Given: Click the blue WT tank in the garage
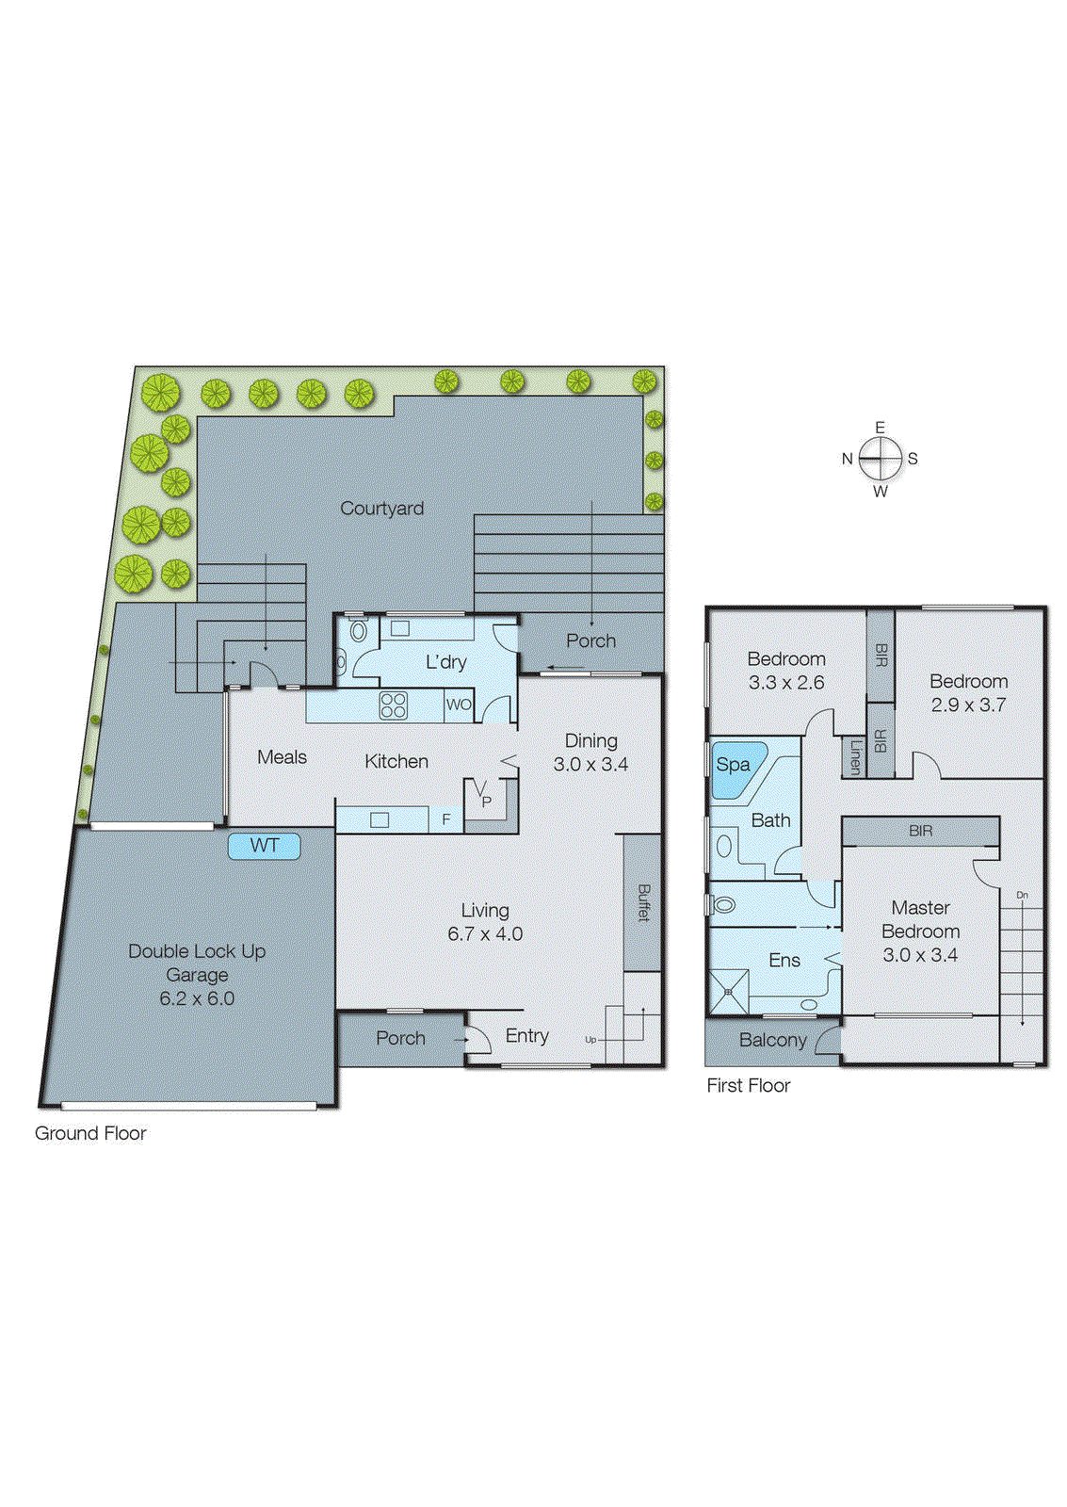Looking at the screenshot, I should pyautogui.click(x=265, y=846).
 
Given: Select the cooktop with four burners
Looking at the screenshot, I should pyautogui.click(x=394, y=705).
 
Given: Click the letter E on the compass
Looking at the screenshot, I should pyautogui.click(x=881, y=428).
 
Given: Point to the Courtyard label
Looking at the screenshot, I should pyautogui.click(x=381, y=509).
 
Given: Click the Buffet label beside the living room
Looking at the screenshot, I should pyautogui.click(x=643, y=902).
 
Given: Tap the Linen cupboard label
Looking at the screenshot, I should pyautogui.click(x=855, y=756).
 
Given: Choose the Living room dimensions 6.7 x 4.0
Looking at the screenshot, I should pyautogui.click(x=485, y=934).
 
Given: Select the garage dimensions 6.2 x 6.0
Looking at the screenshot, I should pyautogui.click(x=197, y=998).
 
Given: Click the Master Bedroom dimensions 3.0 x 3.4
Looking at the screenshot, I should pyautogui.click(x=920, y=955).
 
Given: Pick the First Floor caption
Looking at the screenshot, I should pyautogui.click(x=749, y=1086).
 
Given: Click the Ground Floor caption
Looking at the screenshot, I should pyautogui.click(x=90, y=1134).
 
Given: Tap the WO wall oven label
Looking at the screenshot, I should pyautogui.click(x=459, y=705).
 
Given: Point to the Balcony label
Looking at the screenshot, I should pyautogui.click(x=772, y=1041).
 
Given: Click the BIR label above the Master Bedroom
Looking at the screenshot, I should pyautogui.click(x=920, y=831).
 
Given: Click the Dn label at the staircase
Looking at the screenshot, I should pyautogui.click(x=1022, y=895).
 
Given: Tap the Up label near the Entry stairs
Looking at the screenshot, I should pyautogui.click(x=590, y=1040).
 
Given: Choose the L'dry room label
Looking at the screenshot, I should pyautogui.click(x=445, y=662).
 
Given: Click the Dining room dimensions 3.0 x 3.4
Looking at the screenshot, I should pyautogui.click(x=590, y=765).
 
